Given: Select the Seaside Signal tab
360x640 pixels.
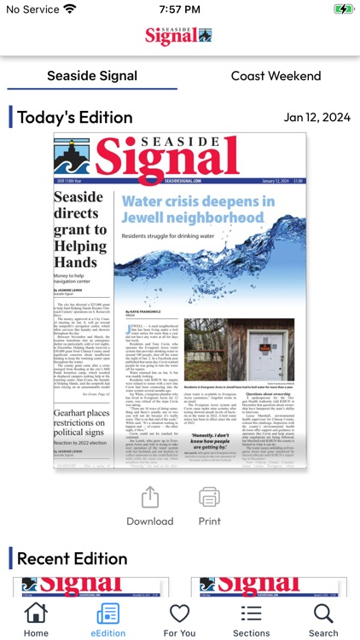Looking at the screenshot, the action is pyautogui.click(x=92, y=76).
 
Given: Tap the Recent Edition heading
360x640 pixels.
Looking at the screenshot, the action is pyautogui.click(x=72, y=559).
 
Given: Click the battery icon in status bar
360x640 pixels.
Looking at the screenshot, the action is pyautogui.click(x=343, y=9).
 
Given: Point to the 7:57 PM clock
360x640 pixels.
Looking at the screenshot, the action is pyautogui.click(x=180, y=9).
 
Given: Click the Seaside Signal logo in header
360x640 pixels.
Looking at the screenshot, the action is pyautogui.click(x=179, y=36).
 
